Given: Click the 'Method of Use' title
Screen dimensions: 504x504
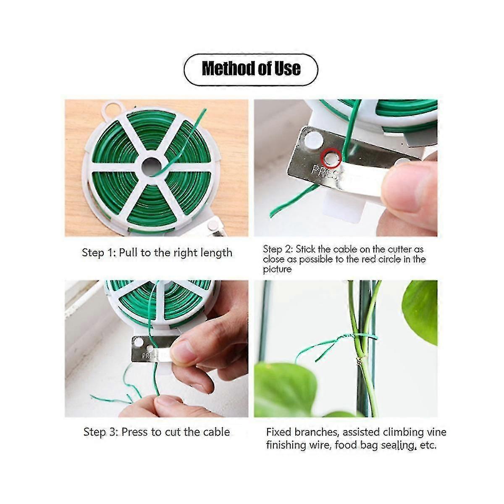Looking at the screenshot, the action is click(251, 68).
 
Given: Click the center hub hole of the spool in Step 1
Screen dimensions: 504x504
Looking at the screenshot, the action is click(152, 167).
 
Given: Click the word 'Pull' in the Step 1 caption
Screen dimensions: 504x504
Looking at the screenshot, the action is click(128, 252).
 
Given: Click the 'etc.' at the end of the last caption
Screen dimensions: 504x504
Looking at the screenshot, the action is click(428, 445).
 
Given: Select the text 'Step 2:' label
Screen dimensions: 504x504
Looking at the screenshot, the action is click(278, 249).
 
